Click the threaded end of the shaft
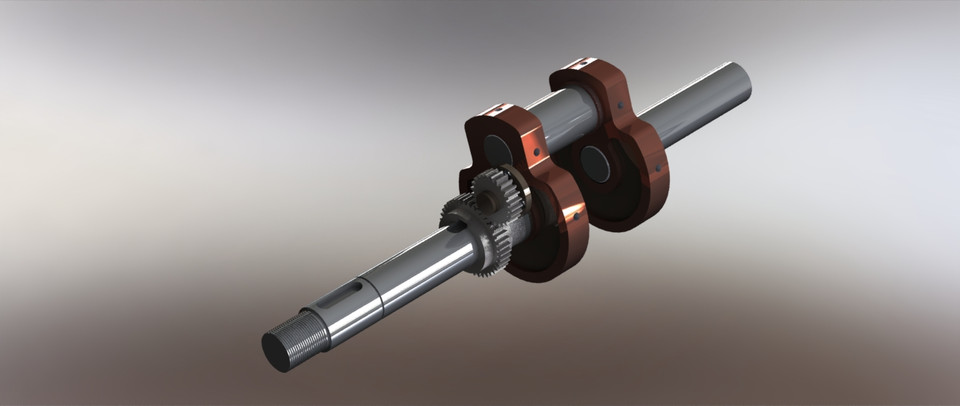[305, 336]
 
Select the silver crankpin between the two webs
[565, 115]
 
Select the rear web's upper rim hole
[622, 105]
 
